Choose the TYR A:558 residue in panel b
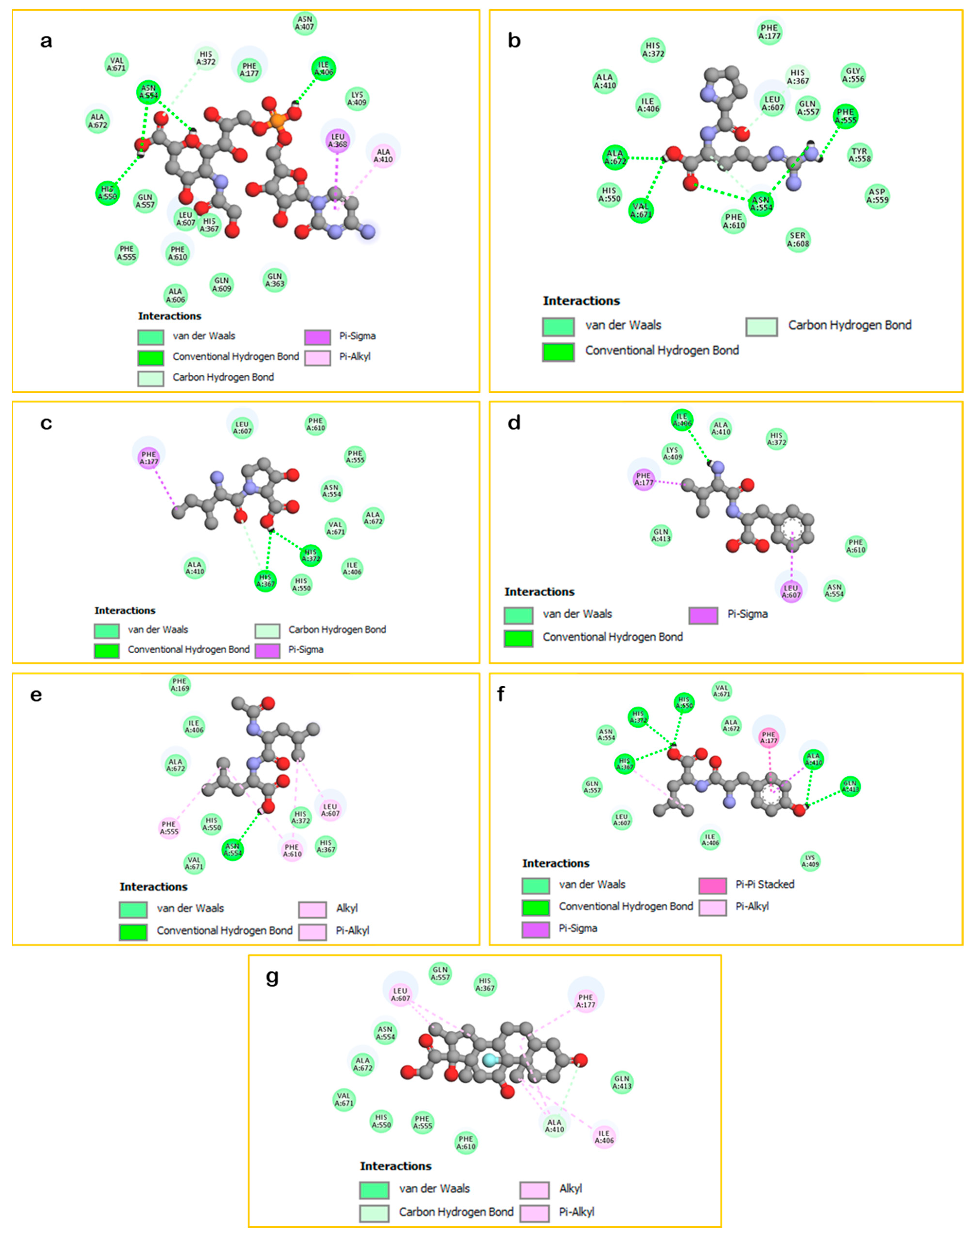860,156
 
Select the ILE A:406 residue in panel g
604,1137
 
